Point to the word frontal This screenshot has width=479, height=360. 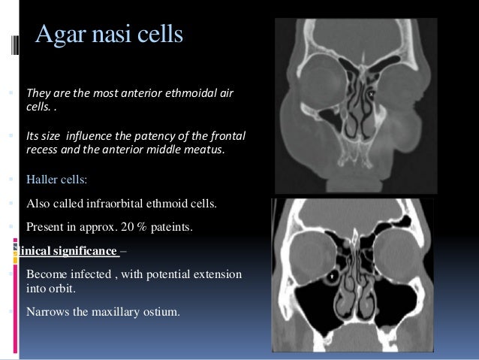[x=229, y=137]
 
